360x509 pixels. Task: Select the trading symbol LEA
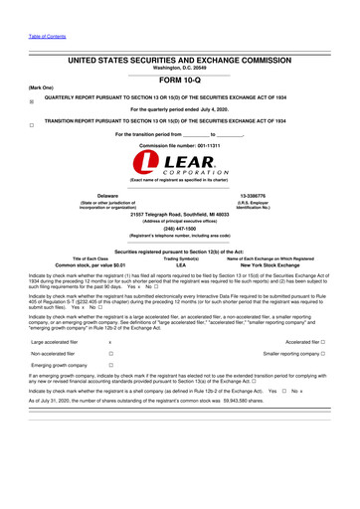[x=180, y=265]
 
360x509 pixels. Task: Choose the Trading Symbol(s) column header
[x=180, y=258]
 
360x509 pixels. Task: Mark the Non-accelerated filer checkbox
[x=109, y=353]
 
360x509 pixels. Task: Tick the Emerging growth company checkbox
[x=109, y=365]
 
